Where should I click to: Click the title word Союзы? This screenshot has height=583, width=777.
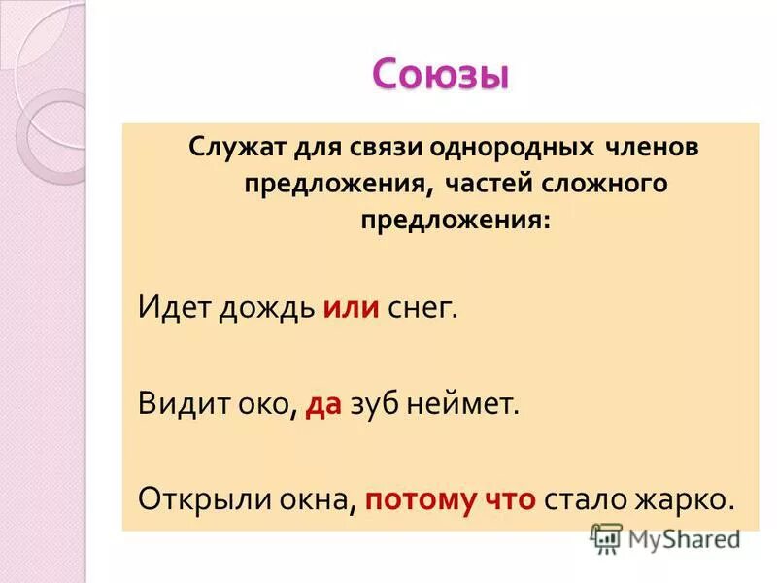(x=440, y=75)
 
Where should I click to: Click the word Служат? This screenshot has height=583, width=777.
(x=230, y=148)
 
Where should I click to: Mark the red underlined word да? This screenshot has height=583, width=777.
(x=323, y=403)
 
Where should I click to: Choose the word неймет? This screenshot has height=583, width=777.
(x=471, y=403)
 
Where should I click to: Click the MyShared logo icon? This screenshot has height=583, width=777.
(x=607, y=537)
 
